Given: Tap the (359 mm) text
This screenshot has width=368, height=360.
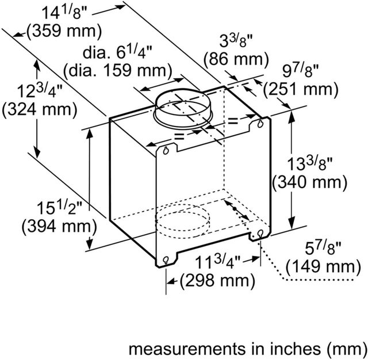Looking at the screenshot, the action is coord(64,31).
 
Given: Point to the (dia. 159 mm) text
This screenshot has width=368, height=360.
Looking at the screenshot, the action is coord(118,70).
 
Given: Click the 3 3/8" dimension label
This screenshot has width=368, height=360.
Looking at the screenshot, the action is coord(236,41).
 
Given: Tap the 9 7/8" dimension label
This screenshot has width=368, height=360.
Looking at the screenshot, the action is coord(301,71).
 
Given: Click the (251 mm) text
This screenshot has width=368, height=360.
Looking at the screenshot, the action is coord(301,89).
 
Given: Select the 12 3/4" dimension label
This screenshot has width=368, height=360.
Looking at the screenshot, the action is coord(40,91).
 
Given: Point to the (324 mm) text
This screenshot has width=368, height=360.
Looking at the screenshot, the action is coord(40,109).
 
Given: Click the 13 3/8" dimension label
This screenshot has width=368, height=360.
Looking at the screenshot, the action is coord(310,163).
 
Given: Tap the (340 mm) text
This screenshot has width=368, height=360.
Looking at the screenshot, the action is coord(310,182).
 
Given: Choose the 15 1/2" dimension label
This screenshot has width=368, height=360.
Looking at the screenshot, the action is coord(60,208).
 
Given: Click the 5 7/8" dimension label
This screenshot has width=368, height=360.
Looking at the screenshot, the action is coord(323,248).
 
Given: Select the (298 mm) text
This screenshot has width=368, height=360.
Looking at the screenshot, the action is coord(217,280).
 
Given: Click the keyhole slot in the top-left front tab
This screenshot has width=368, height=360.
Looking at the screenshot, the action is coord(166,151).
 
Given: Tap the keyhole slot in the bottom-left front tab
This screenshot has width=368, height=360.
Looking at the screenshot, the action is coord(166,260).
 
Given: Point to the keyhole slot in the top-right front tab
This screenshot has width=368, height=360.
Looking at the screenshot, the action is coord(260,124).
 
